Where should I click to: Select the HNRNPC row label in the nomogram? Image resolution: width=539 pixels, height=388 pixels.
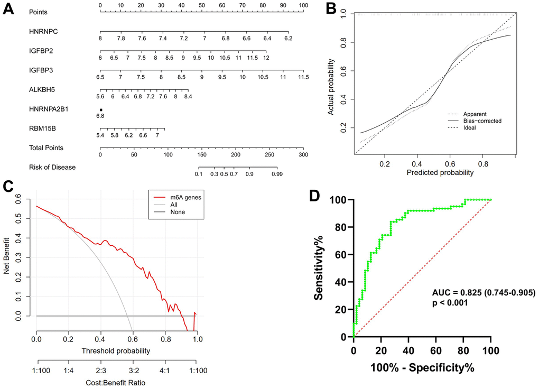tap(44, 31)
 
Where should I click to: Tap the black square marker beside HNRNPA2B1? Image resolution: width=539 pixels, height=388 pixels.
tap(100, 109)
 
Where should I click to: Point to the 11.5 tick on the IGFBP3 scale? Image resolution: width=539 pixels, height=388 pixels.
tap(303, 77)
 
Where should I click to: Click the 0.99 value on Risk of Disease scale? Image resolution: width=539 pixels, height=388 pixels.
tap(275, 174)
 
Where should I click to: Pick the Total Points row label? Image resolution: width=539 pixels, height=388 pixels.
tap(47, 148)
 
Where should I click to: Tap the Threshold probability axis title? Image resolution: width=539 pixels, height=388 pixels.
tap(116, 350)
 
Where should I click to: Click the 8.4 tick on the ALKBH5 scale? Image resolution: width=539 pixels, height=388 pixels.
tap(187, 97)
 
